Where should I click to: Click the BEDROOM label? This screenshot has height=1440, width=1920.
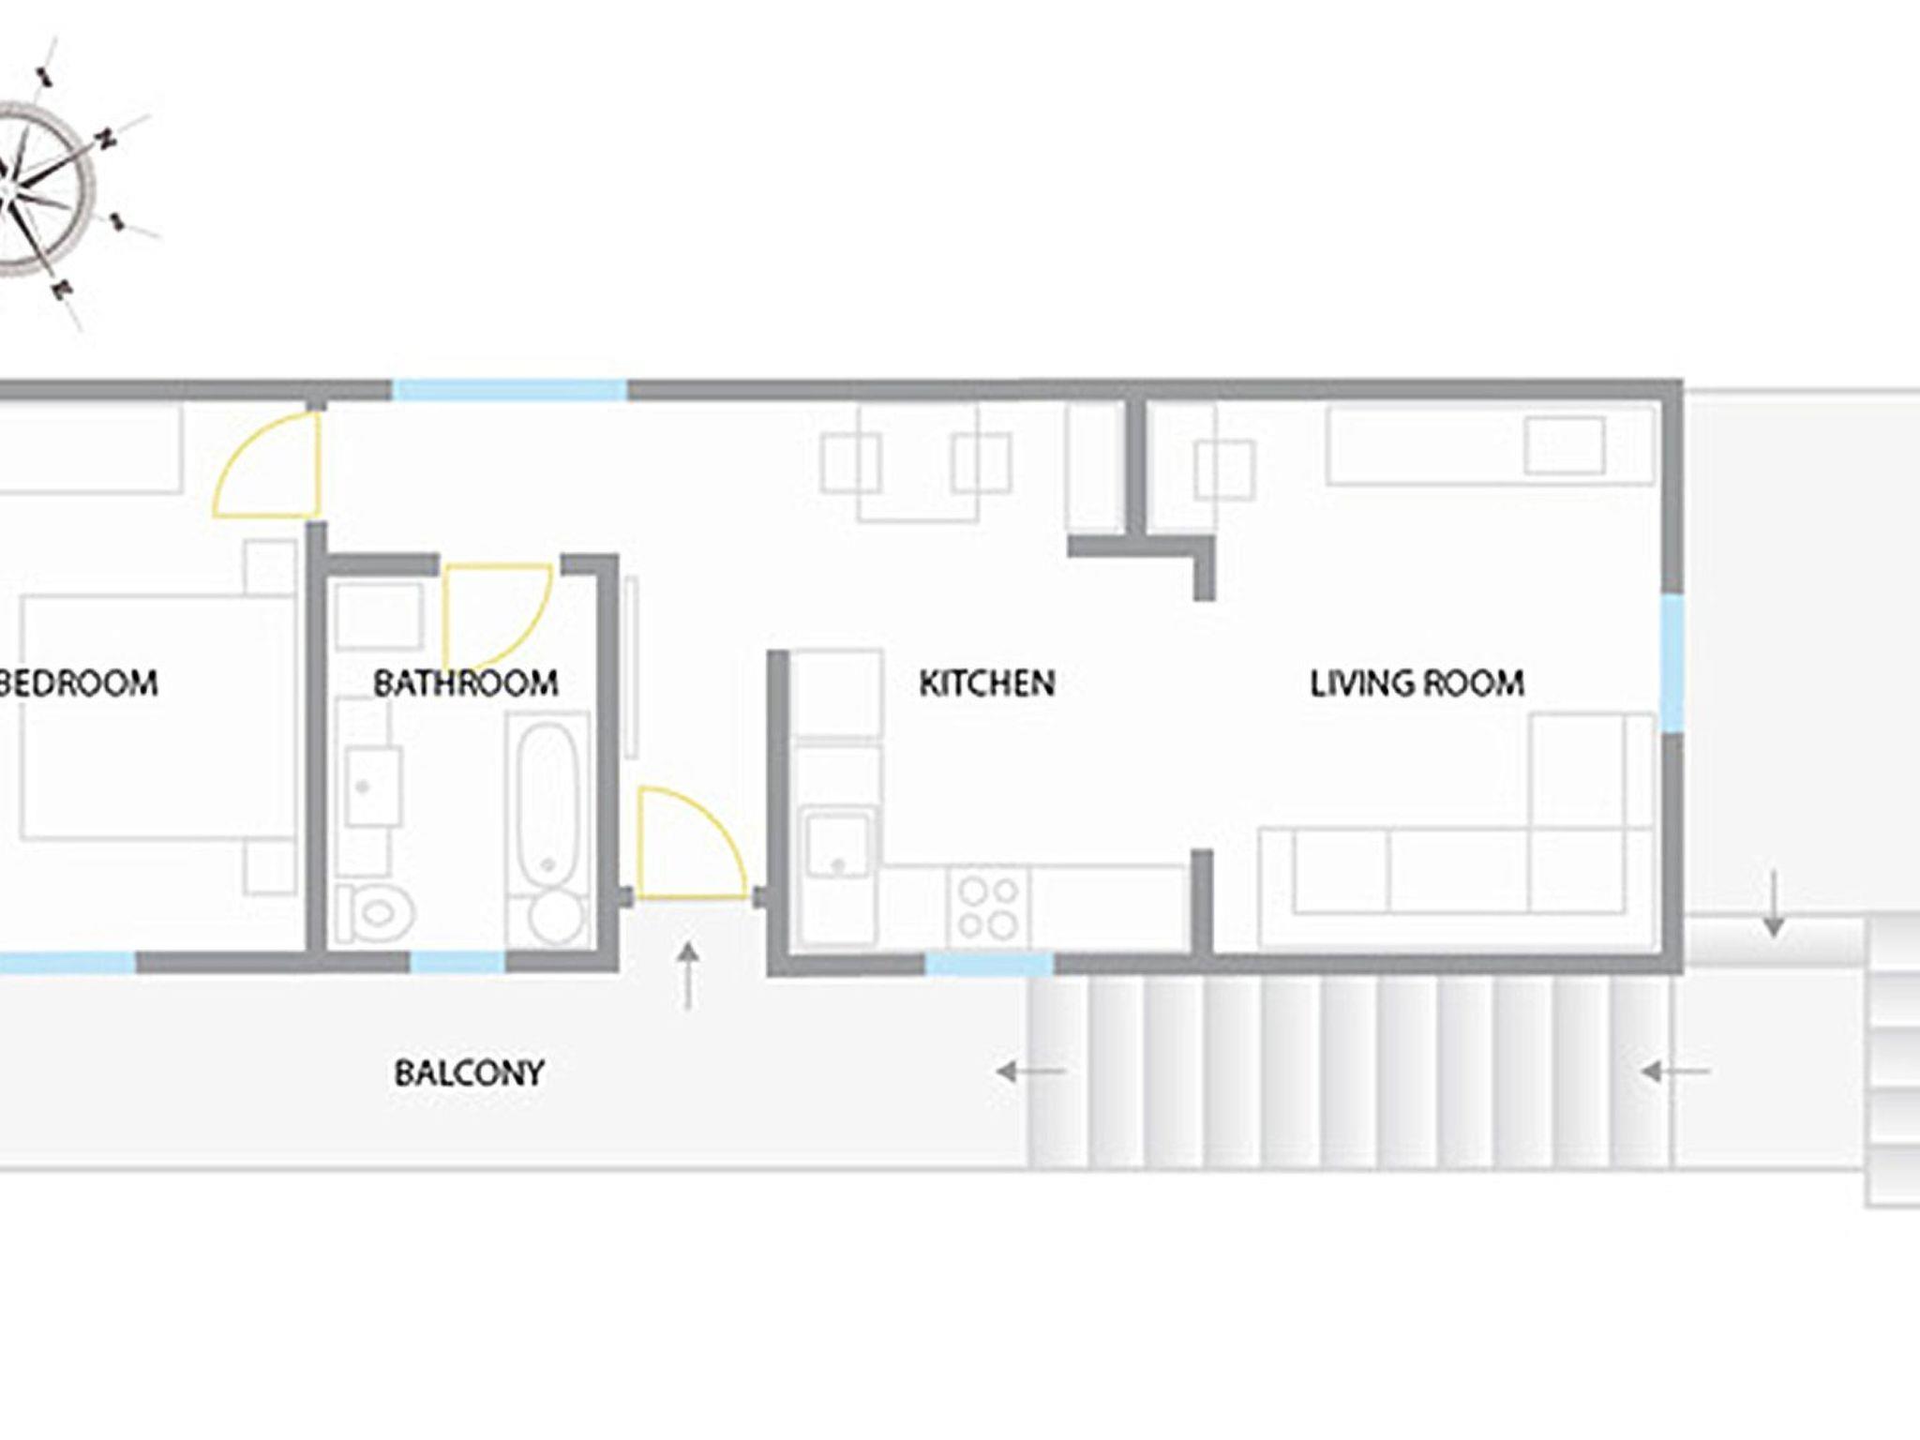[78, 682]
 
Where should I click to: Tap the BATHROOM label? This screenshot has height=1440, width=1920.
[466, 682]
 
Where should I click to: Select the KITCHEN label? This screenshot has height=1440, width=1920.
[987, 682]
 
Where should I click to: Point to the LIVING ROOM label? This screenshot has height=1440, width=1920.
[1417, 682]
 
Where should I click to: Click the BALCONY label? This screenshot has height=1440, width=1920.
[469, 1072]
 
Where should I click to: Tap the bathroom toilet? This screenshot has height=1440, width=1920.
[376, 912]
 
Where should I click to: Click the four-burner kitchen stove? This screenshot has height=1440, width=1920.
[988, 907]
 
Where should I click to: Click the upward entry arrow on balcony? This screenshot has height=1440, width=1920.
[689, 976]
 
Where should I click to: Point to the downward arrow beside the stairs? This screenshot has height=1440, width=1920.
[1773, 904]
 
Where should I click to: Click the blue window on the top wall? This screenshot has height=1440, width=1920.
[509, 390]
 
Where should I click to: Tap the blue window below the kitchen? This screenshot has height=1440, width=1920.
[990, 965]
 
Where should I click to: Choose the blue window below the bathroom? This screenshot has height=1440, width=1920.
[457, 962]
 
